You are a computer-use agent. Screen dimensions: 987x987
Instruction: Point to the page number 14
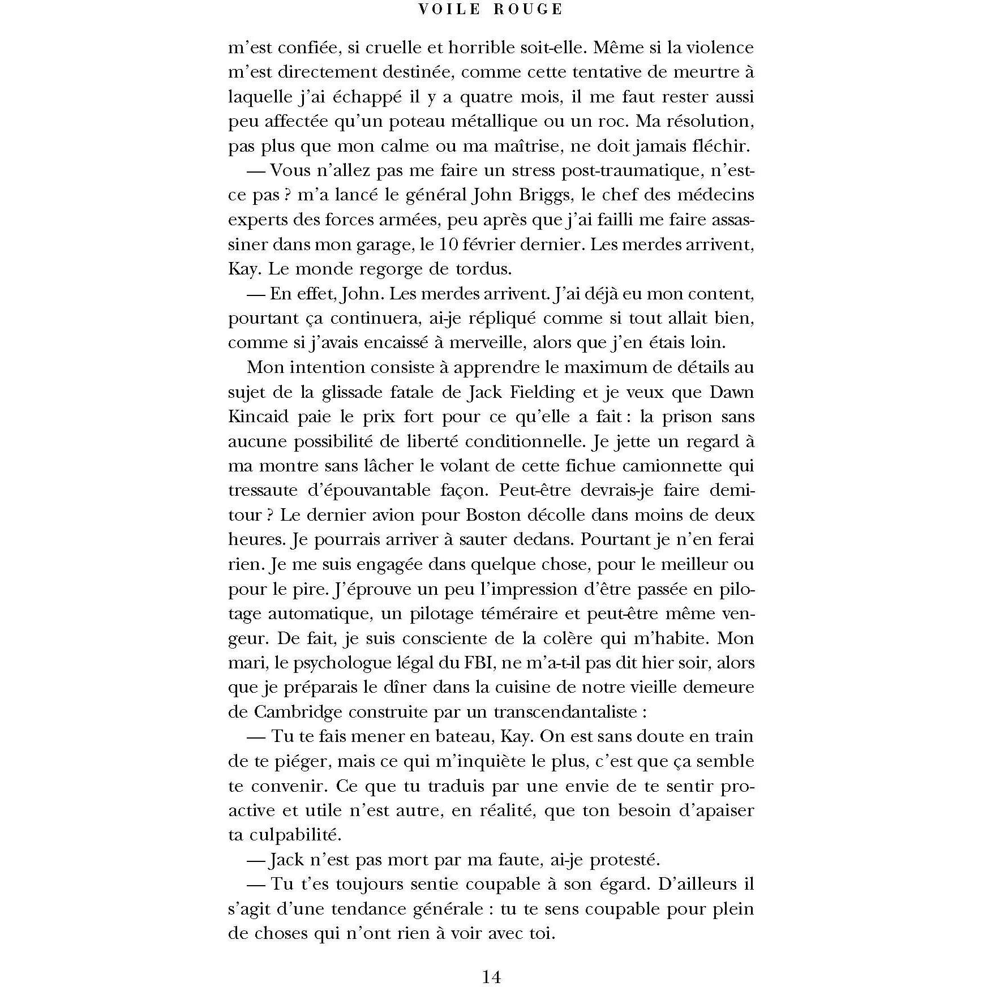[491, 962]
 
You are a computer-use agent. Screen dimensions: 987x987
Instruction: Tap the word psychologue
[338, 663]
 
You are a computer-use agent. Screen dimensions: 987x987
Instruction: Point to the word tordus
[478, 268]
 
